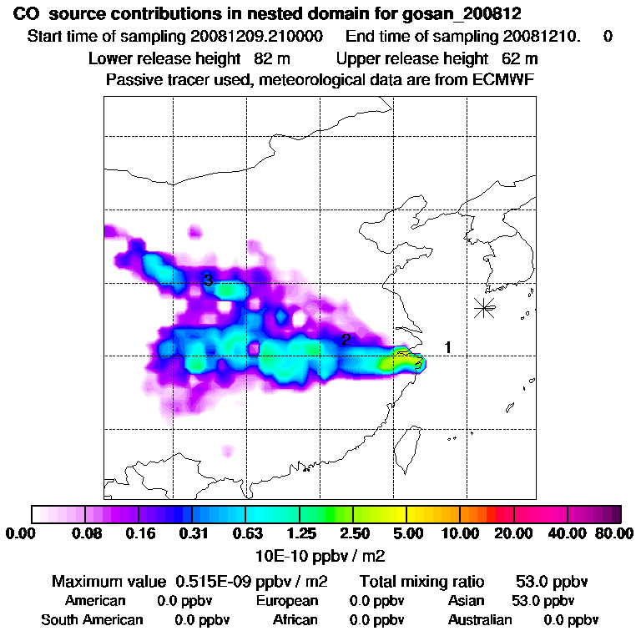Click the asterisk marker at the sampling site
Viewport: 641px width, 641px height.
pyautogui.click(x=483, y=307)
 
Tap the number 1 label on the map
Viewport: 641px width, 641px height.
pyautogui.click(x=448, y=347)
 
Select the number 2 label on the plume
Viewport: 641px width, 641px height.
pyautogui.click(x=345, y=339)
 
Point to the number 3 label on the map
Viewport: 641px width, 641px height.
pyautogui.click(x=208, y=280)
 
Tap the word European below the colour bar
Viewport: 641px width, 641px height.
pyautogui.click(x=287, y=601)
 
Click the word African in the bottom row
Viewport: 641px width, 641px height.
pyautogui.click(x=295, y=620)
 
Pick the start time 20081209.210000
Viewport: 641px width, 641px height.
pyautogui.click(x=260, y=37)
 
